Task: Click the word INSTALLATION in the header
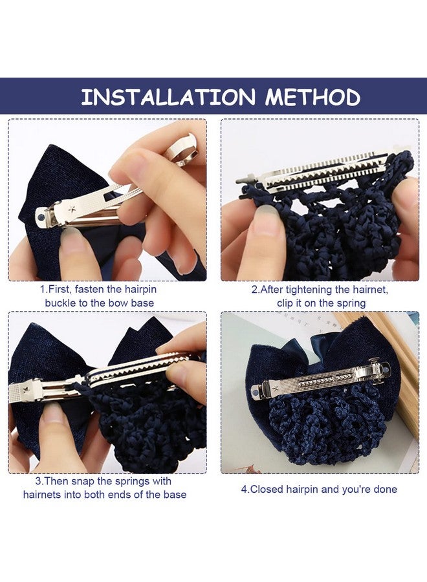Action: [x=168, y=97]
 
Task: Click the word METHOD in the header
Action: [x=312, y=97]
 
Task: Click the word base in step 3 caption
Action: [x=175, y=495]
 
